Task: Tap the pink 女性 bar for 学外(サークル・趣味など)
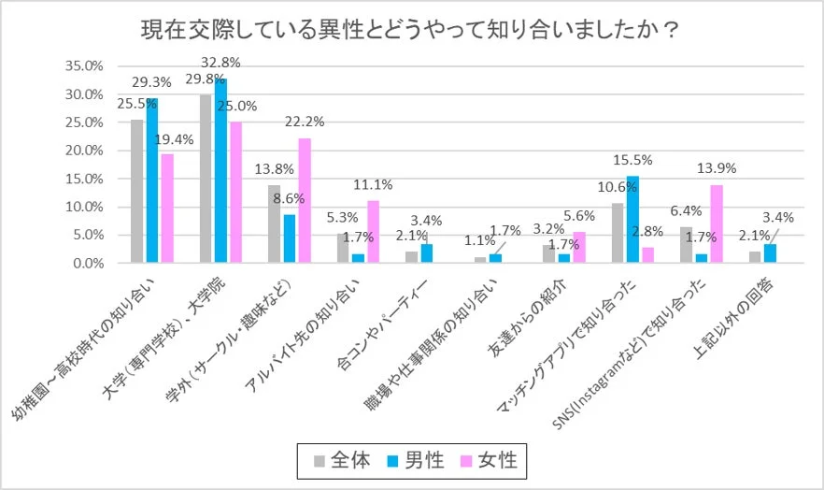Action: tap(304, 200)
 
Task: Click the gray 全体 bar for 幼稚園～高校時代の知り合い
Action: tap(137, 191)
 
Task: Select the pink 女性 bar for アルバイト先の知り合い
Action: tap(373, 231)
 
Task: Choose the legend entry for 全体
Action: tap(343, 459)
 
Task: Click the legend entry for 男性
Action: tap(416, 459)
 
